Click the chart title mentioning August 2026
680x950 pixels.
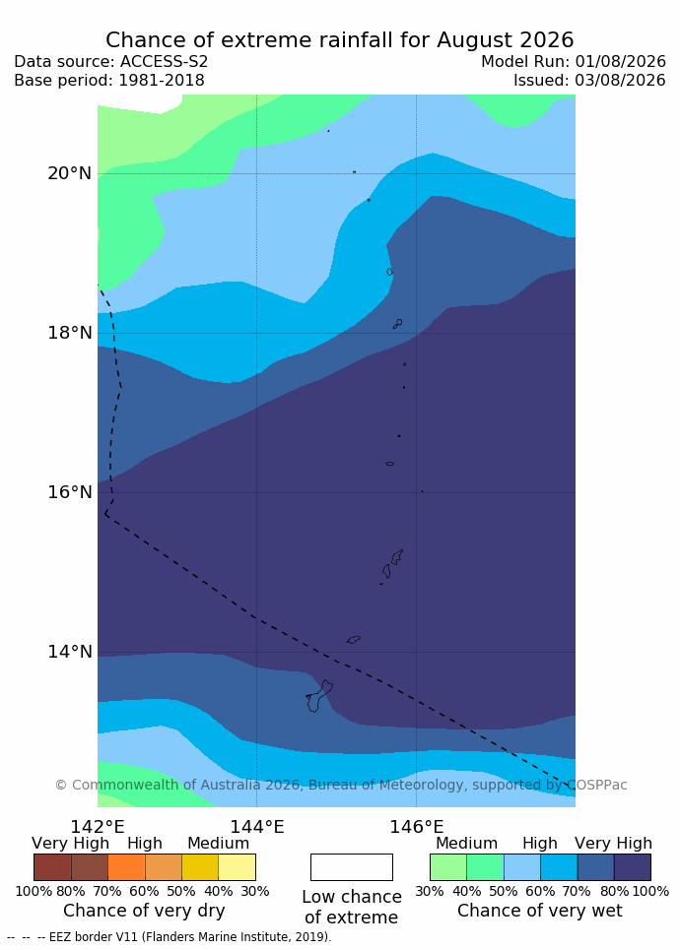[340, 40]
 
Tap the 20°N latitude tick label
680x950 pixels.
[70, 173]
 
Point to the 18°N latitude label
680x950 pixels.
[70, 333]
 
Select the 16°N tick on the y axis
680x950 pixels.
[70, 492]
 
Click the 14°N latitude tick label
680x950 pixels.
[70, 652]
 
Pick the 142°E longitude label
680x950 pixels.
[98, 827]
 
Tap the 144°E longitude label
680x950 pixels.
[257, 827]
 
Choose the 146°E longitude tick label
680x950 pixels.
[417, 827]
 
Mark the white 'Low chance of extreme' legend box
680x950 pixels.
[352, 867]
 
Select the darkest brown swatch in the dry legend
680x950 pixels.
[53, 867]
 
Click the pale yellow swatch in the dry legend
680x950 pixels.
[238, 867]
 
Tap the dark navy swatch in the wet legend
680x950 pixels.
[632, 867]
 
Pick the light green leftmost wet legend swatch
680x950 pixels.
[448, 867]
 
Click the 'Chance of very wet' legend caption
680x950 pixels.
[540, 911]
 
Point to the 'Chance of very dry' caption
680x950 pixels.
[144, 911]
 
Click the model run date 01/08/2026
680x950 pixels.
[620, 62]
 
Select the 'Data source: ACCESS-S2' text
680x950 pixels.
[111, 62]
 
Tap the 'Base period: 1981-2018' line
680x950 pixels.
[109, 81]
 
